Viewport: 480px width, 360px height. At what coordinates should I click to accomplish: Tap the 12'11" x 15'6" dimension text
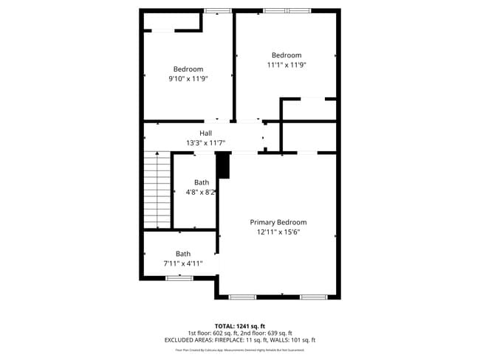(x=278, y=232)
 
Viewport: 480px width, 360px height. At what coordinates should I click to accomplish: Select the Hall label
(x=205, y=133)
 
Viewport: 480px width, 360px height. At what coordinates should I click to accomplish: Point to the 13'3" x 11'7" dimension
(x=205, y=143)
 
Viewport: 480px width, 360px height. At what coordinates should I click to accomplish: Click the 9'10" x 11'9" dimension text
(x=188, y=79)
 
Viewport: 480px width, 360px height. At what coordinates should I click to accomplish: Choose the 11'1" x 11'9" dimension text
(x=287, y=65)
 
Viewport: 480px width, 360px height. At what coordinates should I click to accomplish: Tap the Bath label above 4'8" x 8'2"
(x=202, y=182)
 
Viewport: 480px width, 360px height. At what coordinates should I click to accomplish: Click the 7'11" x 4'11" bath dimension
(x=182, y=263)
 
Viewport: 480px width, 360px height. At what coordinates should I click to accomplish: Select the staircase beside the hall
(x=157, y=190)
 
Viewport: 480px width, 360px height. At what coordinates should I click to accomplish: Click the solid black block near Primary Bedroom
(x=224, y=166)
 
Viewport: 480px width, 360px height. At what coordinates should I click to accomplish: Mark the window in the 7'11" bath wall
(x=179, y=278)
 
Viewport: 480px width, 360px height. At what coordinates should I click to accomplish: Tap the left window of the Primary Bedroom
(x=242, y=297)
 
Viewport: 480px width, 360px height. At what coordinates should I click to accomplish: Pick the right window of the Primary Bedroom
(x=313, y=297)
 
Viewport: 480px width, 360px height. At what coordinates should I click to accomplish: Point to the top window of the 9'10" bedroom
(x=217, y=11)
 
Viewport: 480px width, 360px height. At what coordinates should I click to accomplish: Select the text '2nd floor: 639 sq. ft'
(x=261, y=333)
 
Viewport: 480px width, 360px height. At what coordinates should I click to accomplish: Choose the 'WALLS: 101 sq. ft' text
(x=296, y=340)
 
